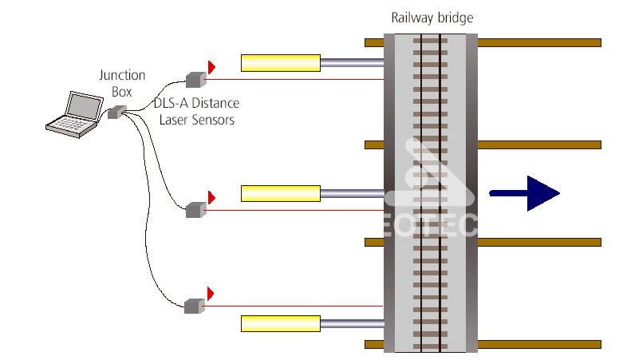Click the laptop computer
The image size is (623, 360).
(x=74, y=113)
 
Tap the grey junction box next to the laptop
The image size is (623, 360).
(x=113, y=113)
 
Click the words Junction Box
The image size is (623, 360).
(x=122, y=83)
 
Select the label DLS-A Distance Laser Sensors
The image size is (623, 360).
(x=196, y=111)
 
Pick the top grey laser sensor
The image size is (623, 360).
(x=195, y=78)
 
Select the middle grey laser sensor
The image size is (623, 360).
(x=195, y=209)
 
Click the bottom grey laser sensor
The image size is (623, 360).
(x=195, y=305)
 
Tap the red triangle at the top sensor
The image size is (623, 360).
(x=212, y=66)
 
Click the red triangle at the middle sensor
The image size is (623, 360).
(x=212, y=196)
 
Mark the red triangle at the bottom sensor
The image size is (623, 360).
(x=211, y=293)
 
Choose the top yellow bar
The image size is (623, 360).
(x=281, y=61)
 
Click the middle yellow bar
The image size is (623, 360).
(x=281, y=192)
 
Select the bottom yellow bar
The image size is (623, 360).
(x=281, y=322)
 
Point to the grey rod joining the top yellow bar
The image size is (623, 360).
(x=352, y=61)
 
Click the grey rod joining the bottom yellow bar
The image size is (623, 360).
(x=352, y=322)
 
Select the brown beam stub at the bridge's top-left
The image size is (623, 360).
(x=374, y=42)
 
